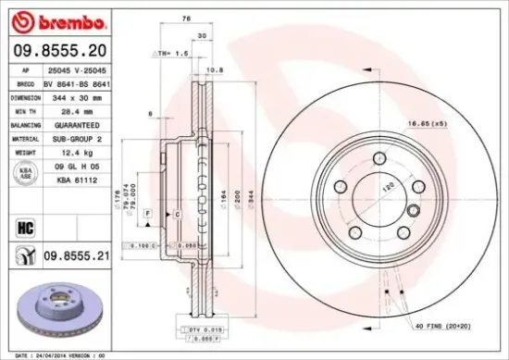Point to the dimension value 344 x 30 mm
pyautogui.click(x=75, y=96)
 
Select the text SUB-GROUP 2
pyautogui.click(x=75, y=137)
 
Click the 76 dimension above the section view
pyautogui.click(x=185, y=19)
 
